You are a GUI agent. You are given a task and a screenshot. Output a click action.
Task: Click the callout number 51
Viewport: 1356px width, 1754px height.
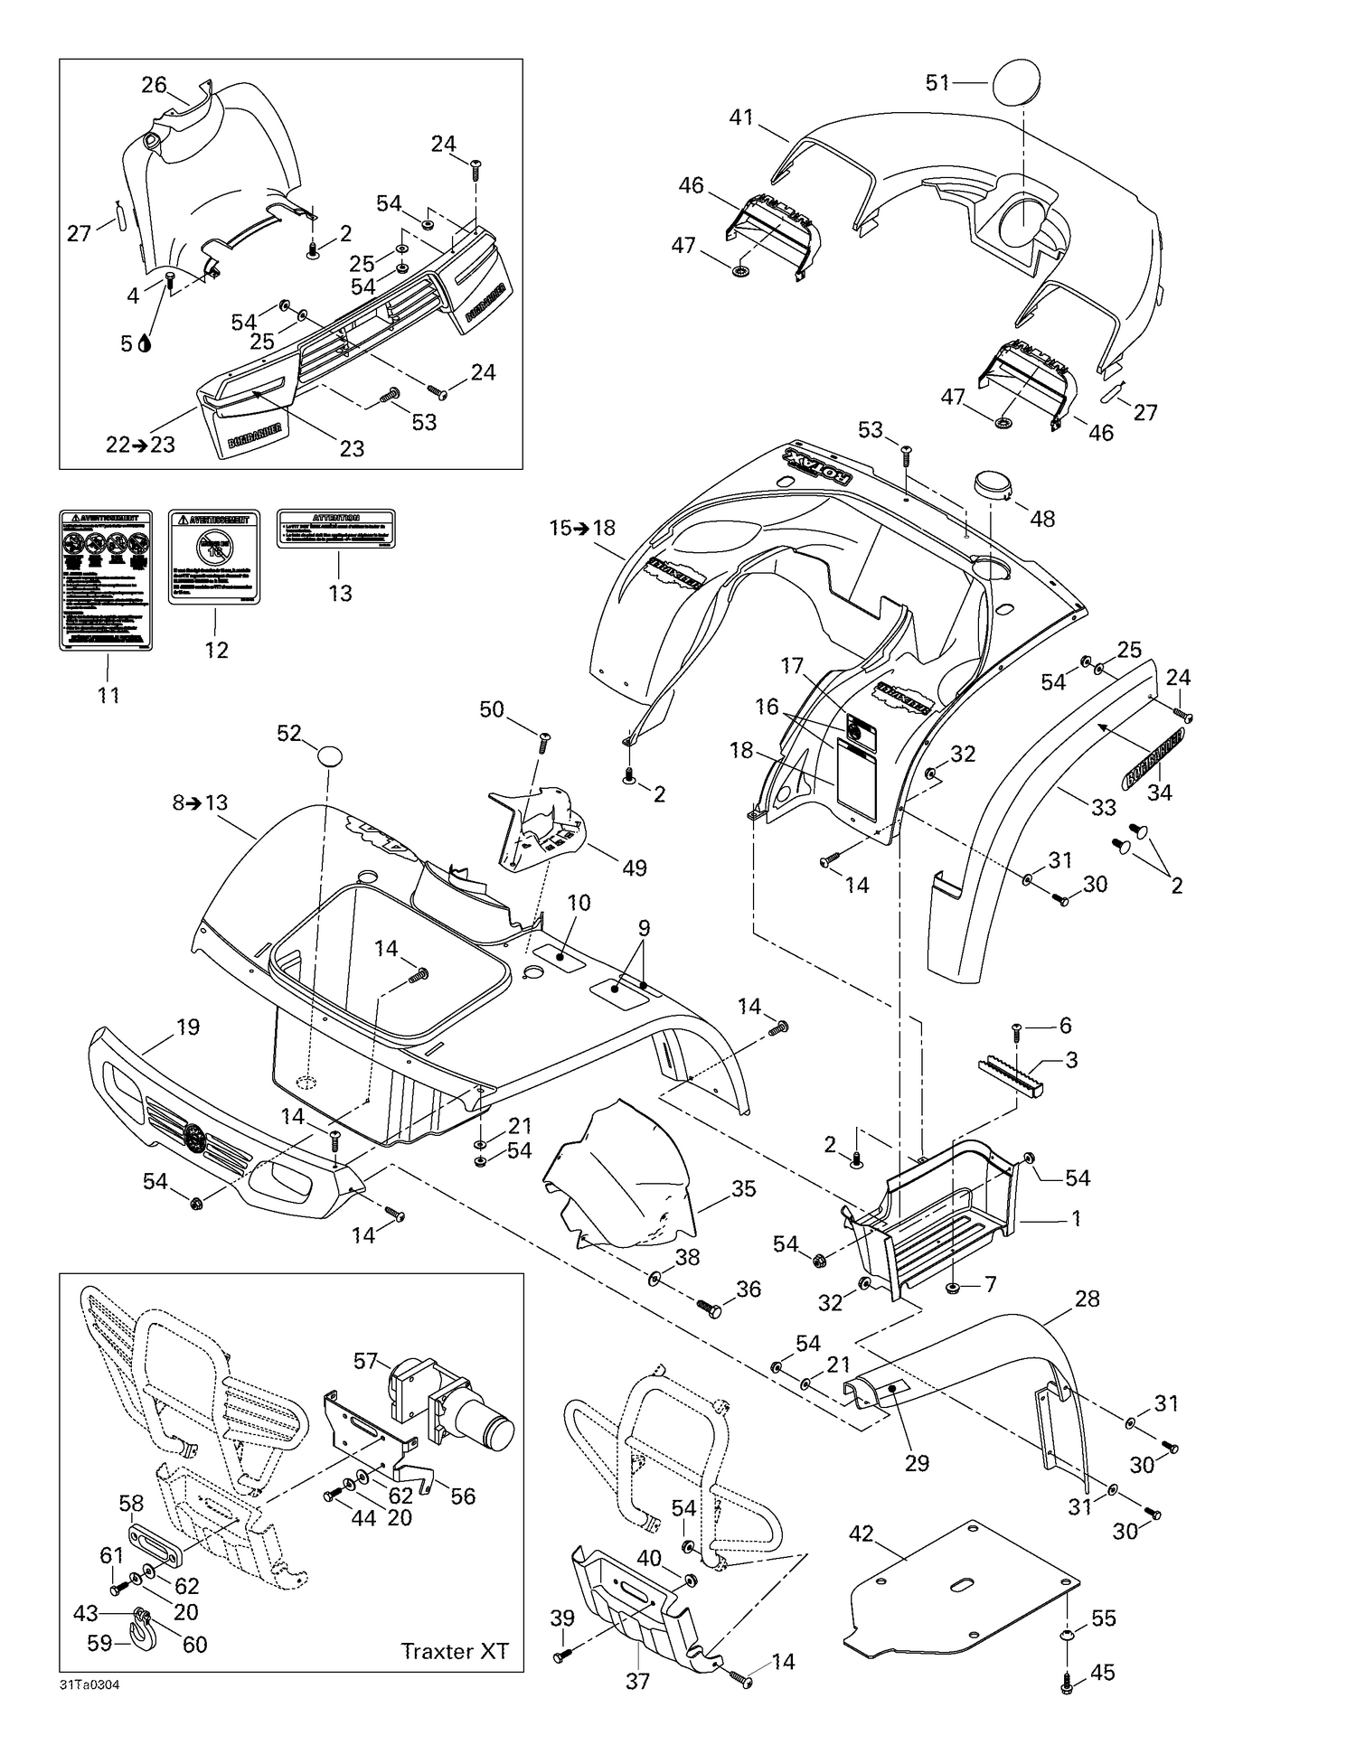click(x=937, y=83)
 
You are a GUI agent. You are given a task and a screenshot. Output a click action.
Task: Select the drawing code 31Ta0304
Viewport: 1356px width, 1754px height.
click(x=89, y=1684)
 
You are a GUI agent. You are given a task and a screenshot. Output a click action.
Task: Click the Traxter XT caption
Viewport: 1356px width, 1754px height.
click(x=454, y=1651)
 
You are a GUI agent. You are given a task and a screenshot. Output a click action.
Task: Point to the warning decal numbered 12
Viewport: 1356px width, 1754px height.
click(x=214, y=557)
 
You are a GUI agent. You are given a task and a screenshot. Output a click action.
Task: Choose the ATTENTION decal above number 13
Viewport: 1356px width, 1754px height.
click(x=335, y=529)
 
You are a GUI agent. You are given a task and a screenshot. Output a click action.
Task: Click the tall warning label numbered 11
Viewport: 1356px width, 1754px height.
click(x=106, y=579)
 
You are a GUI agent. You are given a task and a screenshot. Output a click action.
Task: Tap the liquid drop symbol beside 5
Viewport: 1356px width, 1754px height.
click(x=146, y=343)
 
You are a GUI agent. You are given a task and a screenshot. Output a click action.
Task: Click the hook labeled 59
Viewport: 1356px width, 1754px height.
click(x=142, y=1633)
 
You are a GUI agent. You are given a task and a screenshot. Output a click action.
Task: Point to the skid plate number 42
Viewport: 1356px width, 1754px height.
click(x=963, y=1589)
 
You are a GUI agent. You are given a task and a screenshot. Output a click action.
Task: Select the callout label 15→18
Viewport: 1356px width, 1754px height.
click(x=582, y=528)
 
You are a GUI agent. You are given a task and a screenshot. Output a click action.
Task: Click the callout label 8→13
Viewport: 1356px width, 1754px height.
click(x=201, y=802)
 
